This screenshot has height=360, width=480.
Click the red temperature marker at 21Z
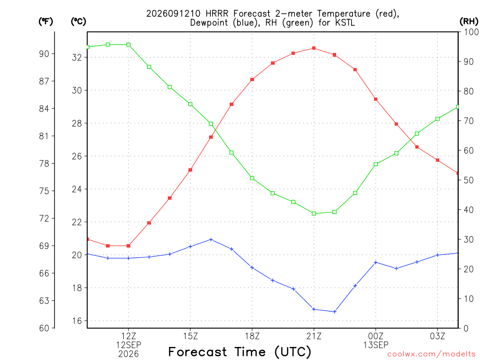coord(314,48)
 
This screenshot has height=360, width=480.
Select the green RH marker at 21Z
coord(314,213)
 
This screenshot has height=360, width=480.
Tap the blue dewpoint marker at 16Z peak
coord(210,240)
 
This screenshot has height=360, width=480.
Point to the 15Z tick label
coord(190,336)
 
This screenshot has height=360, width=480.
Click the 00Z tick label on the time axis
coord(375,336)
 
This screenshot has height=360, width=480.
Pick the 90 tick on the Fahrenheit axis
coord(44,54)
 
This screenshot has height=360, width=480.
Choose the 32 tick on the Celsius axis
coord(77,57)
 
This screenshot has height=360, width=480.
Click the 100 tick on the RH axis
coord(471,32)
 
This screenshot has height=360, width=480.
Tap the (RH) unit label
coord(469,21)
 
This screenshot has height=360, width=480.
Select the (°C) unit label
coord(78,21)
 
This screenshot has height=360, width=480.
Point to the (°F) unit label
coord(45,21)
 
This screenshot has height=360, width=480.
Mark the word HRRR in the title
coord(217,14)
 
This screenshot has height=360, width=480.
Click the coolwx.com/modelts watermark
coord(431,354)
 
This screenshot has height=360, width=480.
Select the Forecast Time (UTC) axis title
coord(240,352)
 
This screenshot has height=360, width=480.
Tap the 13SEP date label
coord(375,345)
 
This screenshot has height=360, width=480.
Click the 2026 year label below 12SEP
coord(128,354)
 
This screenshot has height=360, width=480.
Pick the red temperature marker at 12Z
coord(128,246)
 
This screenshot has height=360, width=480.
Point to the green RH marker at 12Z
coord(128,45)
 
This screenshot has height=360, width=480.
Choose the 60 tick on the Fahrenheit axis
coord(44,328)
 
